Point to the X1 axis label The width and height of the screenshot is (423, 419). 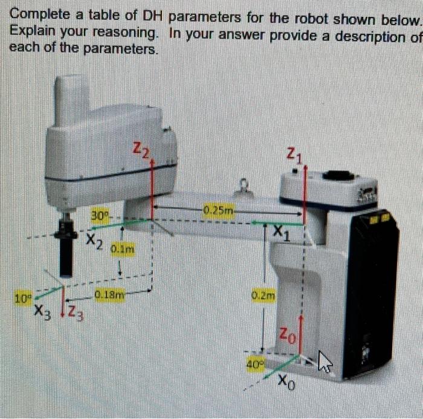280,232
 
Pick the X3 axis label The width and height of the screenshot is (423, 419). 44,312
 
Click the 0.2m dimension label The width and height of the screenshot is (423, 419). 263,296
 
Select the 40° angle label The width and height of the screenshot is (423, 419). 254,363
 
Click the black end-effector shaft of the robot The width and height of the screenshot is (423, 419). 66,255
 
